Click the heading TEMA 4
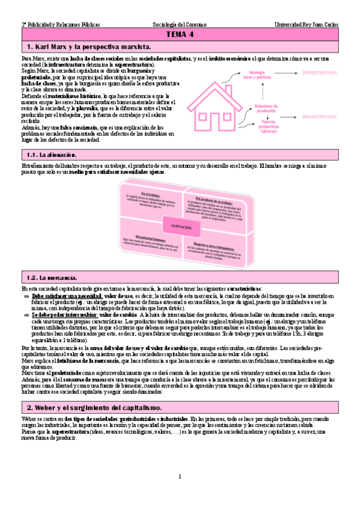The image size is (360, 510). (x=180, y=35)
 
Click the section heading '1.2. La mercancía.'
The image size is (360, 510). (x=52, y=278)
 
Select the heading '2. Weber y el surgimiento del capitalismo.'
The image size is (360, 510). (x=94, y=391)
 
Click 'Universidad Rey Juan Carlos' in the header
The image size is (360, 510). (x=306, y=25)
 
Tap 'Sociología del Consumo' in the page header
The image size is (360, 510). (x=180, y=25)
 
